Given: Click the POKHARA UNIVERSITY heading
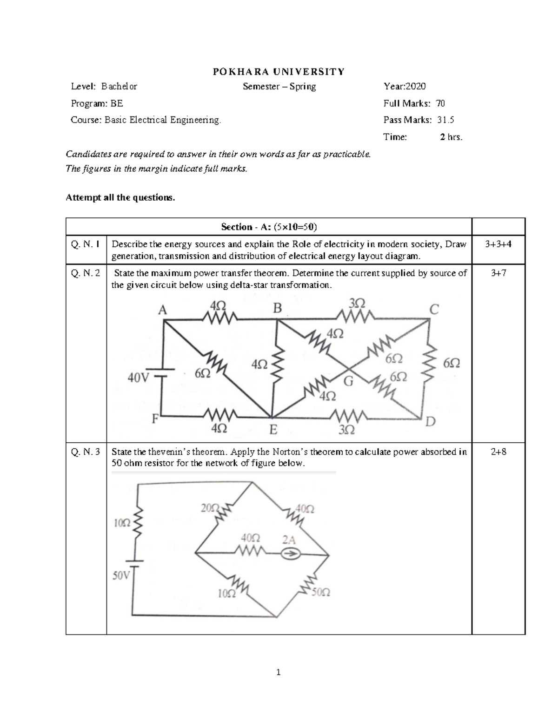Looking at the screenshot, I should pyautogui.click(x=279, y=71).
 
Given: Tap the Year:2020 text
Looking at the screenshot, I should pyautogui.click(x=404, y=86).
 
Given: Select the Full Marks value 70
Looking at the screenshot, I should pyautogui.click(x=440, y=103).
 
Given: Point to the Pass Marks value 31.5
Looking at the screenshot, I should pyautogui.click(x=445, y=120).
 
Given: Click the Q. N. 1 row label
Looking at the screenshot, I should pyautogui.click(x=86, y=244).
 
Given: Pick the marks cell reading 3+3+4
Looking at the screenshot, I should pyautogui.click(x=498, y=244).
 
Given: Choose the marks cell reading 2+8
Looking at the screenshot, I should pyautogui.click(x=498, y=451).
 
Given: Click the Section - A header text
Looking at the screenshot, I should pyautogui.click(x=269, y=227).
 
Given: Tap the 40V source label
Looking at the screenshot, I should pyautogui.click(x=138, y=378).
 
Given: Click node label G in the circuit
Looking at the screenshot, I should pyautogui.click(x=348, y=381).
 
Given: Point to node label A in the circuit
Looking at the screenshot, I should pyautogui.click(x=162, y=311).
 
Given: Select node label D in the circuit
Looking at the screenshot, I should pyautogui.click(x=431, y=422).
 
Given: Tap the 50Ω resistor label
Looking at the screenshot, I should pyautogui.click(x=321, y=593).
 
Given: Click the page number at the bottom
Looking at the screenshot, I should pyautogui.click(x=279, y=672).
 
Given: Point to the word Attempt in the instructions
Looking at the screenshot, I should pyautogui.click(x=82, y=197).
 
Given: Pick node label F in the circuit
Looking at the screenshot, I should pyautogui.click(x=155, y=419).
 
